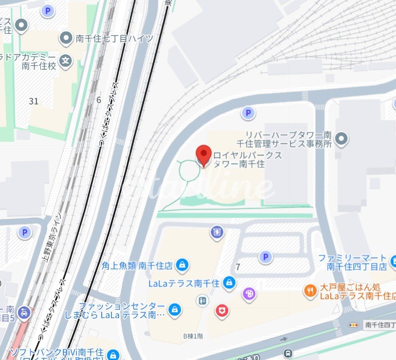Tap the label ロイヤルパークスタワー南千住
248,160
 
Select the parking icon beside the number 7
266,257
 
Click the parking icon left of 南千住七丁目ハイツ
48,10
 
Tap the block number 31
34,101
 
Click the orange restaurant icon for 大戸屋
311,289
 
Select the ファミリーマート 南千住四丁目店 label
357,262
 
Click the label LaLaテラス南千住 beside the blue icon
184,283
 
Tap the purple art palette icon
248,294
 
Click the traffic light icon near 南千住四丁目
355,325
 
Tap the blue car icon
23,313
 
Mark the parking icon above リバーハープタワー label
248,114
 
